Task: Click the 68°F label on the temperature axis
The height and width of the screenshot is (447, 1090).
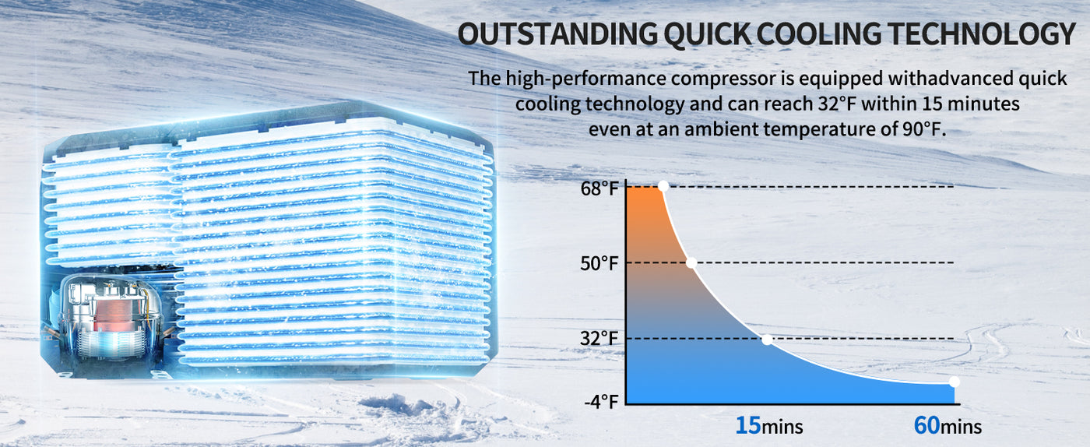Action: [599, 188]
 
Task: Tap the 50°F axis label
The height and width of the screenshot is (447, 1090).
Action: [599, 263]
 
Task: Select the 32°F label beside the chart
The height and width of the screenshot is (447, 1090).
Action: [599, 339]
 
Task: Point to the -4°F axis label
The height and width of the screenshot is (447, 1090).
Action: [601, 402]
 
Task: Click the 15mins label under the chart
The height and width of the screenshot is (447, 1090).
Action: [769, 425]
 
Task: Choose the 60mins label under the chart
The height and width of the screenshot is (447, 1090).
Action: [948, 425]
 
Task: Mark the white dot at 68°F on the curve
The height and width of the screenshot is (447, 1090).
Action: [663, 186]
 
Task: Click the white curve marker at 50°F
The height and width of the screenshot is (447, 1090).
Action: [691, 263]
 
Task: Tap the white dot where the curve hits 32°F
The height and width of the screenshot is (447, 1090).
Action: [767, 340]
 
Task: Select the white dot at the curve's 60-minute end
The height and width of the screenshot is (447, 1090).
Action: [955, 382]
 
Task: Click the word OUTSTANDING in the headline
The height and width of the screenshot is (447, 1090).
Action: [557, 34]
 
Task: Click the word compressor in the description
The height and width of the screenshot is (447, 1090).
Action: [723, 79]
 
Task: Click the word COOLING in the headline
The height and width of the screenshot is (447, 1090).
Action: [818, 34]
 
